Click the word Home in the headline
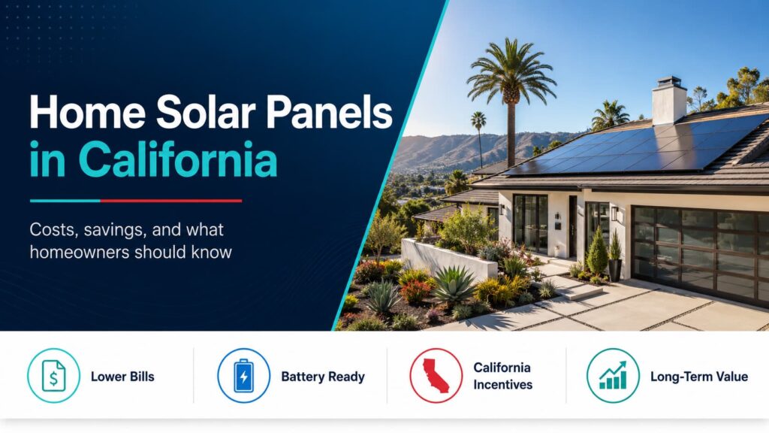(87, 113)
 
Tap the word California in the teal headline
(177, 159)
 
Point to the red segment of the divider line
(170, 201)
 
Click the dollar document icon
(53, 376)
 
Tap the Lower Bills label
(122, 377)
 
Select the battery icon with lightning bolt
(244, 376)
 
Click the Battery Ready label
(323, 377)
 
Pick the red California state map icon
(436, 376)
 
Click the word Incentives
(502, 384)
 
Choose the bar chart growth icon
(613, 376)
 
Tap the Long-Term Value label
(699, 377)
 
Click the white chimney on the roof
(669, 101)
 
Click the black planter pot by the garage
(615, 270)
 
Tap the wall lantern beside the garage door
(614, 213)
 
